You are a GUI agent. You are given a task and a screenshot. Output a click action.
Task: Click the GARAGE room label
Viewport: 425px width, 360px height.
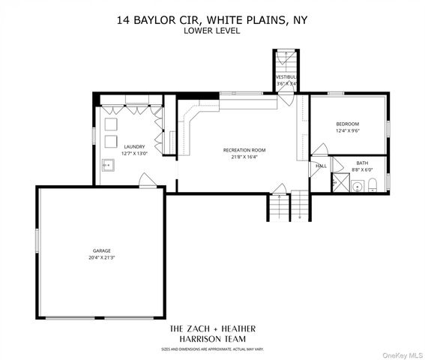click(102, 250)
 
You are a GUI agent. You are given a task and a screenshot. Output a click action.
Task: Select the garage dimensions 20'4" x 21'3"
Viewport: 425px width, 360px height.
click(102, 257)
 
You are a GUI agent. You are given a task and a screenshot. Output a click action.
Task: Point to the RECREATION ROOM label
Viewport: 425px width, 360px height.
click(244, 150)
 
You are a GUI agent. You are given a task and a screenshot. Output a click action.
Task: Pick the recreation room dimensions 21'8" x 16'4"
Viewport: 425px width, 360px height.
click(244, 157)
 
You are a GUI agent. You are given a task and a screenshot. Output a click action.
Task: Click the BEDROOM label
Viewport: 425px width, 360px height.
click(348, 124)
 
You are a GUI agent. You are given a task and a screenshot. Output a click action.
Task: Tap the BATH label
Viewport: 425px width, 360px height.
click(362, 163)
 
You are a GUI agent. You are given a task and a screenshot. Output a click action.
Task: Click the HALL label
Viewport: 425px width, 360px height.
click(321, 166)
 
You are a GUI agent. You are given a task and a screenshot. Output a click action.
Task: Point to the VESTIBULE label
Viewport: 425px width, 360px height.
click(286, 77)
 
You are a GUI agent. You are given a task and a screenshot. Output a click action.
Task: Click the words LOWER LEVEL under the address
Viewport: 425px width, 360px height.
click(213, 31)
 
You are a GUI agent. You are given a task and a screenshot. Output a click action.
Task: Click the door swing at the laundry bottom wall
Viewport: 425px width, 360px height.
click(146, 180)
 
